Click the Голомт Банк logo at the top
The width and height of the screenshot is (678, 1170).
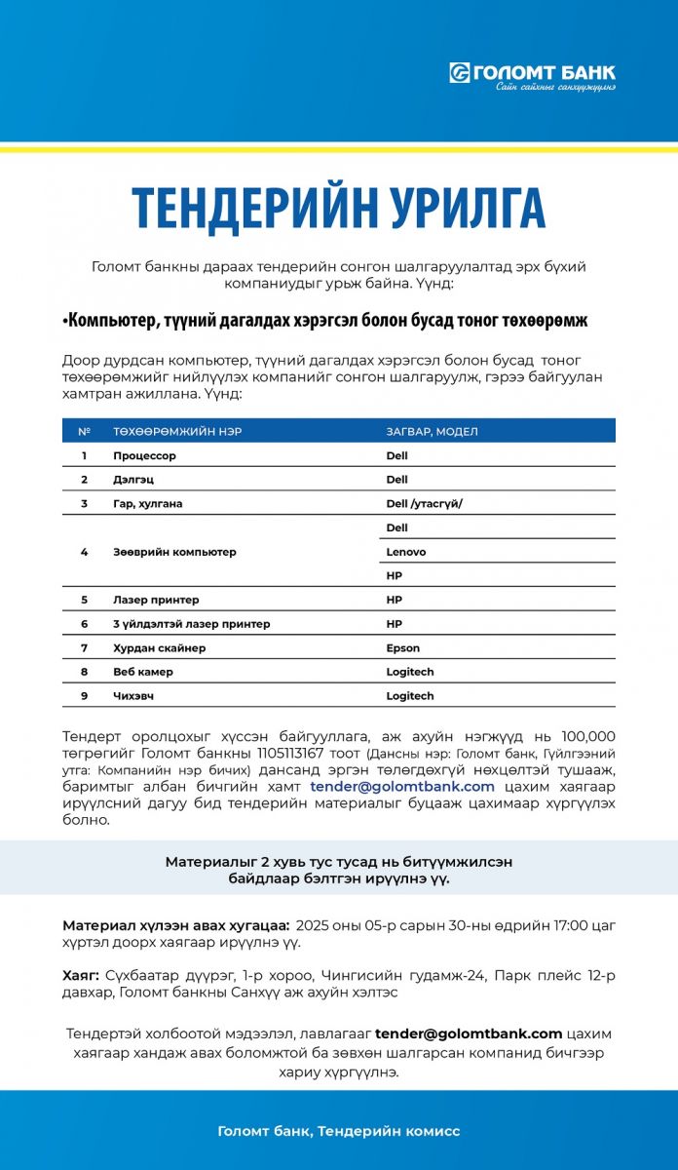point(532,75)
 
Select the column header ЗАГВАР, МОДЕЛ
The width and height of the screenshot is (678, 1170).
point(432,431)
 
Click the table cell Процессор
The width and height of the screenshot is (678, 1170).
point(144,455)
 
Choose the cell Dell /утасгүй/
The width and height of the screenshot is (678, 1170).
point(424,503)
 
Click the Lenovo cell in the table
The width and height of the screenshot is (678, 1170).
point(405,552)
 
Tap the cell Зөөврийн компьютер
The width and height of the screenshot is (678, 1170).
point(174,552)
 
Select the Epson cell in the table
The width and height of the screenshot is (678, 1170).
point(402,648)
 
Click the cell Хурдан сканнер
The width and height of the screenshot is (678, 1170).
point(159,648)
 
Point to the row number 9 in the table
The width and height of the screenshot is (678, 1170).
point(85,696)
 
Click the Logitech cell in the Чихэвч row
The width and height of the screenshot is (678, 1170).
point(409,696)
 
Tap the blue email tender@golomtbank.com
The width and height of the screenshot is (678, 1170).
point(402,786)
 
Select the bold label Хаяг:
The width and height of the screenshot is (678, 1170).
point(81,975)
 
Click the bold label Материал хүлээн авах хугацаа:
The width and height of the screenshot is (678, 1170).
point(175,924)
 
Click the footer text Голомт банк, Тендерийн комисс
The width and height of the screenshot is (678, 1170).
point(339,1131)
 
